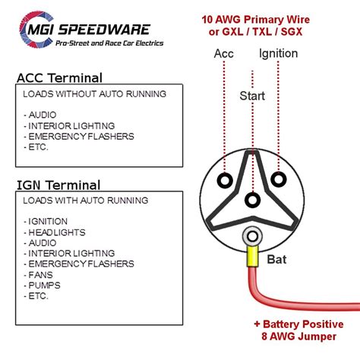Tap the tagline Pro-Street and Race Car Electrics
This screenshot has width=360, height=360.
coord(109,43)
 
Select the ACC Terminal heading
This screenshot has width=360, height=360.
coord(59,77)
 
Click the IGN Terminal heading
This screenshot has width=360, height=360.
coord(58,185)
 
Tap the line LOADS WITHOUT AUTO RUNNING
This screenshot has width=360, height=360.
coord(94,94)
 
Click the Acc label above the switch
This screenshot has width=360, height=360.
coord(224,53)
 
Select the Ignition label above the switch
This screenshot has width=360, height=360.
coord(278,54)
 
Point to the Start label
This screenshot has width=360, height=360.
coord(252,96)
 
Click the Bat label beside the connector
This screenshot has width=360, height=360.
coord(276,260)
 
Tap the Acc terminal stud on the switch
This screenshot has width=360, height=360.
coord(225,180)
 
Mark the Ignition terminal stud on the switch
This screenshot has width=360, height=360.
coord(279,179)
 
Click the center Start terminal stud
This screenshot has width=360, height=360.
coord(252,200)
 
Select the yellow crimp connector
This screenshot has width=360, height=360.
coord(253,257)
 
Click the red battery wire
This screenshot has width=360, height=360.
coord(279,299)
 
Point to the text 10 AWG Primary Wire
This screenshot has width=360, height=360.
coord(256,20)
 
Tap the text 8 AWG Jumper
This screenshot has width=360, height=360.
coord(299,336)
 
